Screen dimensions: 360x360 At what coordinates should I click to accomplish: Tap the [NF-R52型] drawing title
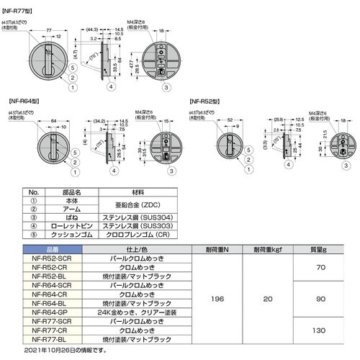pos(206,103)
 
